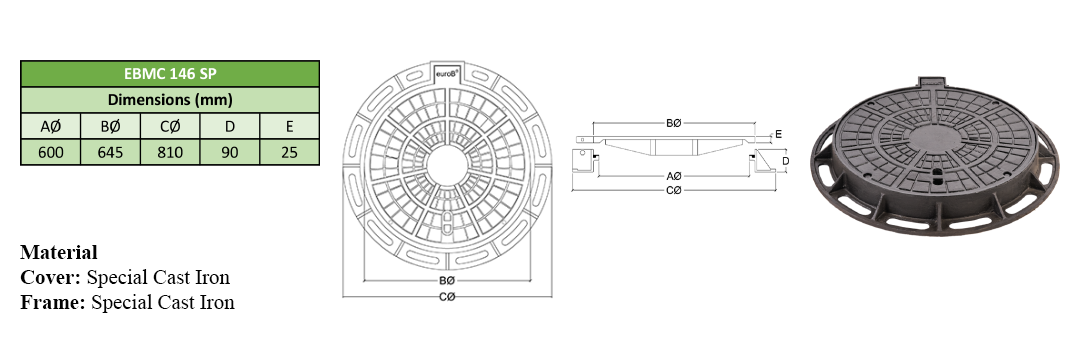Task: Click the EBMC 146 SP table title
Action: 170,74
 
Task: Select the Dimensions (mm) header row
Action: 170,100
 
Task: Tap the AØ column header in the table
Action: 51,126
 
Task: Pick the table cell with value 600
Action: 51,151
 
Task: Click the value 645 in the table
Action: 110,151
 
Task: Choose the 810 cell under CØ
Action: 170,151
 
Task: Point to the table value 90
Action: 229,151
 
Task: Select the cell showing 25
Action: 289,151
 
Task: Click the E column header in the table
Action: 289,126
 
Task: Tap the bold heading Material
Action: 59,252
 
